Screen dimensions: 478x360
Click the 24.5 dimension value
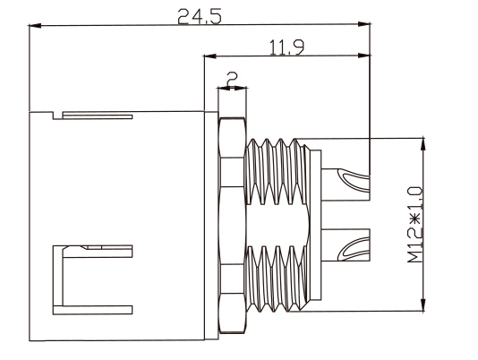[x=200, y=16]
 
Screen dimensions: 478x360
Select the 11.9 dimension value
[x=286, y=47]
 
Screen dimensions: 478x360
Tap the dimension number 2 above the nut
[x=233, y=79]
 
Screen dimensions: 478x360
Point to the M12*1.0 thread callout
[x=415, y=225]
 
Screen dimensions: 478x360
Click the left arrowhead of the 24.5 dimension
[x=35, y=26]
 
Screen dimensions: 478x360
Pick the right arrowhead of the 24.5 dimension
[x=364, y=24]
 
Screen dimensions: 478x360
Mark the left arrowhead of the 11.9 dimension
[x=210, y=56]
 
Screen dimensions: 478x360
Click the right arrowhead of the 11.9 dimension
[x=364, y=56]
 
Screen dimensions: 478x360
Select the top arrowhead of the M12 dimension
[x=423, y=144]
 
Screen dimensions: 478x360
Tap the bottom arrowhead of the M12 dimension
[x=423, y=304]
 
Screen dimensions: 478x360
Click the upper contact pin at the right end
[x=346, y=184]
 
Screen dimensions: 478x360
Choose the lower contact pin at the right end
[x=346, y=245]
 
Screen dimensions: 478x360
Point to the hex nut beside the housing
[x=233, y=226]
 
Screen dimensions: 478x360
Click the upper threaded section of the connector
[x=276, y=171]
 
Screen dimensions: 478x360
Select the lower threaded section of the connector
[x=276, y=279]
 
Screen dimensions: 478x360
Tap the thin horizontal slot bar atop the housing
[x=98, y=116]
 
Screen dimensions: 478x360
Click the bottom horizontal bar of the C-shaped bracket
[x=93, y=310]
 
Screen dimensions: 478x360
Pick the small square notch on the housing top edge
[x=57, y=116]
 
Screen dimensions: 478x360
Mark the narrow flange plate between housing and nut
[x=211, y=226]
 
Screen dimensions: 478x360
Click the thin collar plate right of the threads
[x=316, y=225]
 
